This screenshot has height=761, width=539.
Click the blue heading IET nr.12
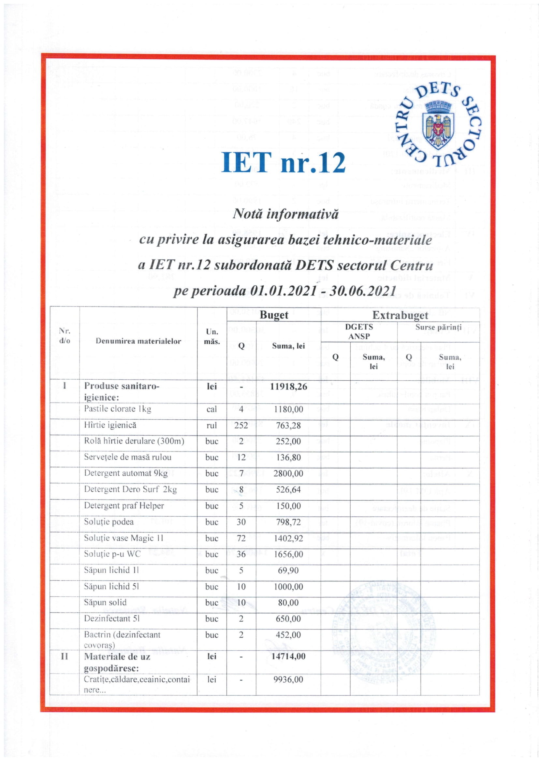click(x=283, y=162)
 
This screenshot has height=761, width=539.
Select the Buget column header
click(x=274, y=315)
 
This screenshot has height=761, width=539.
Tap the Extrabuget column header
click(x=400, y=315)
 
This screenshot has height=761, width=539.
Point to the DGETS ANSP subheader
click(x=359, y=332)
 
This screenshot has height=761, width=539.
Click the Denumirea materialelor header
click(x=138, y=341)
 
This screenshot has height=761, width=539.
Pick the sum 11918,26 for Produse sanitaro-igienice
click(x=288, y=387)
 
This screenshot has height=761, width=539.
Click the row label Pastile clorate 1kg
click(x=118, y=409)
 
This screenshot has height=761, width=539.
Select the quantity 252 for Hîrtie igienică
click(x=241, y=425)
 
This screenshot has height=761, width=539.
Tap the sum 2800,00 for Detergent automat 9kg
click(x=288, y=473)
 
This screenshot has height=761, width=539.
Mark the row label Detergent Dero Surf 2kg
click(x=130, y=489)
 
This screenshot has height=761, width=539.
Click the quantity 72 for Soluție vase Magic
click(x=241, y=538)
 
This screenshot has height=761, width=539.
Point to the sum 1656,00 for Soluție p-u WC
click(x=288, y=554)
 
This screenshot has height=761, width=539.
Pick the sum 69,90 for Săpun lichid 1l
click(x=288, y=570)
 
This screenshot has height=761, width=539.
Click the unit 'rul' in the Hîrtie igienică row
click(x=211, y=425)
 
